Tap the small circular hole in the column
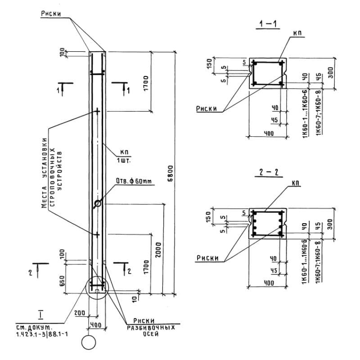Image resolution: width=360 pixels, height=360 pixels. (98, 204)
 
